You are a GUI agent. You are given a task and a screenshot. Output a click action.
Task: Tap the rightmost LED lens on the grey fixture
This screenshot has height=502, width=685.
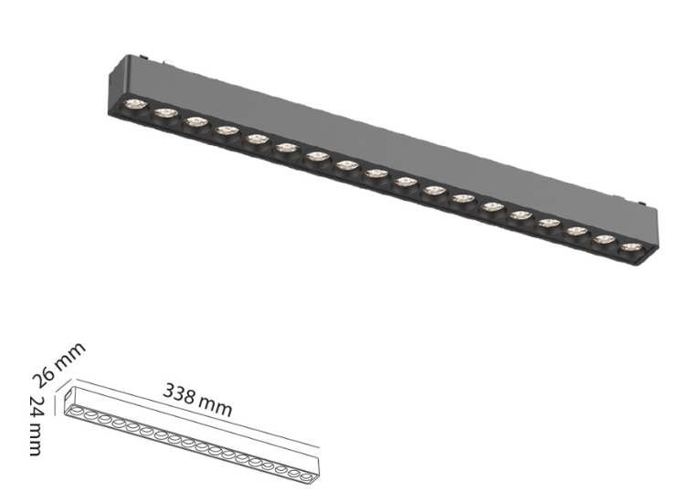pos(628,246)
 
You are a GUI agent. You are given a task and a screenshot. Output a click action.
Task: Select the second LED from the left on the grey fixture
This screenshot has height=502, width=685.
pos(164,112)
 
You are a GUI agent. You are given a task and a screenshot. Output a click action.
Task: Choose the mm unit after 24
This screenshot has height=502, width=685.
pos(36,440)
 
